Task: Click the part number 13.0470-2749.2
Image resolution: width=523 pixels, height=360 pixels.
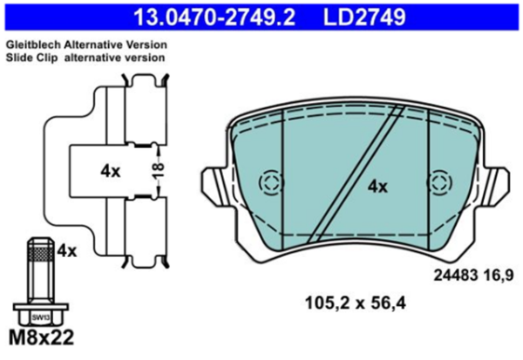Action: pyautogui.click(x=214, y=17)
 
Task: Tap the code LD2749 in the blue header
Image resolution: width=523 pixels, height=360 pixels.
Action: pyautogui.click(x=364, y=17)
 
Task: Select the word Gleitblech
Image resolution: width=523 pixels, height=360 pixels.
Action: pyautogui.click(x=33, y=44)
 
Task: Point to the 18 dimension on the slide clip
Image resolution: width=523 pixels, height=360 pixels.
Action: pyautogui.click(x=160, y=170)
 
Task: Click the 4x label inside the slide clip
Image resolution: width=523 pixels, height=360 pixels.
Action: pyautogui.click(x=111, y=172)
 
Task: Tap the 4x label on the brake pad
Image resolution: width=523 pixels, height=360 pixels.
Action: pyautogui.click(x=377, y=187)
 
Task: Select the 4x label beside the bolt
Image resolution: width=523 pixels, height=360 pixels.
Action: pyautogui.click(x=67, y=251)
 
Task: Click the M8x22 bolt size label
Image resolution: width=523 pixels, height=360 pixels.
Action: pyautogui.click(x=41, y=337)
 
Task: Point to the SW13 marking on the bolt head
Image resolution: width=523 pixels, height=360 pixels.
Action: pyautogui.click(x=41, y=318)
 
